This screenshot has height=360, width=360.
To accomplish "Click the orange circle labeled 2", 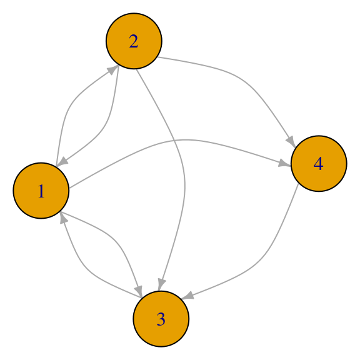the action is [x=134, y=41].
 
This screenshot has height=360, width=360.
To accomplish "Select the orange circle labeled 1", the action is [x=41, y=191].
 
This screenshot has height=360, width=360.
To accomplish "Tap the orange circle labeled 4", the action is [x=319, y=164].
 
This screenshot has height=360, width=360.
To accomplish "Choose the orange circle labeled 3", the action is [x=161, y=319].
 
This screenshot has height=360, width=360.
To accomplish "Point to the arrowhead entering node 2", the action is [x=113, y=69].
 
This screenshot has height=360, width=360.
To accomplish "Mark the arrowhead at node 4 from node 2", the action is [x=291, y=142].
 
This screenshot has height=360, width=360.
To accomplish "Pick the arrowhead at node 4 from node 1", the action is [x=284, y=163].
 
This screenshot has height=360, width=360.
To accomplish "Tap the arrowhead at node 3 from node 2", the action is [x=161, y=285].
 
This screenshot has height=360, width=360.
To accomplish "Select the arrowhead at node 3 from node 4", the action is [x=187, y=296].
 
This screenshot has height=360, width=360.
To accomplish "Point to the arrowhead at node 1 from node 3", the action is [x=63, y=218].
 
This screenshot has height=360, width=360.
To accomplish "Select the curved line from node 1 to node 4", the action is [x=184, y=140].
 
